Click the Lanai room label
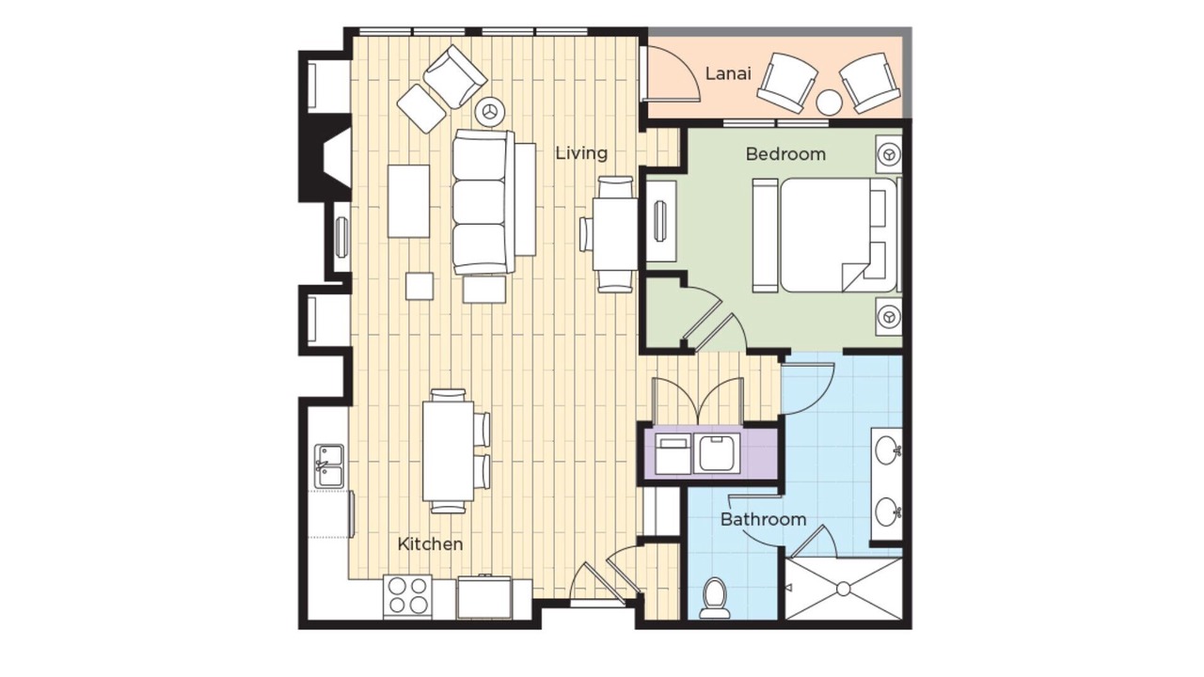pyautogui.click(x=728, y=73)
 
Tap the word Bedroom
pyautogui.click(x=785, y=154)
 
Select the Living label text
pyautogui.click(x=581, y=153)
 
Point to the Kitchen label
pyautogui.click(x=430, y=543)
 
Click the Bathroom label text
pyautogui.click(x=763, y=520)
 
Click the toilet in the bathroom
pyautogui.click(x=714, y=597)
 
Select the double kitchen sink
pyautogui.click(x=329, y=465)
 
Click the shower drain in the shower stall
pyautogui.click(x=843, y=590)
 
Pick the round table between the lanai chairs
pyautogui.click(x=830, y=102)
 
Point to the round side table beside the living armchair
pyautogui.click(x=490, y=112)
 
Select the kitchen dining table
pyautogui.click(x=448, y=451)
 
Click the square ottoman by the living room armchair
pyautogui.click(x=421, y=108)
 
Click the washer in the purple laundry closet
pyautogui.click(x=716, y=454)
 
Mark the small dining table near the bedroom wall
pyautogui.click(x=615, y=234)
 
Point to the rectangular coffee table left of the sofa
pyautogui.click(x=408, y=201)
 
